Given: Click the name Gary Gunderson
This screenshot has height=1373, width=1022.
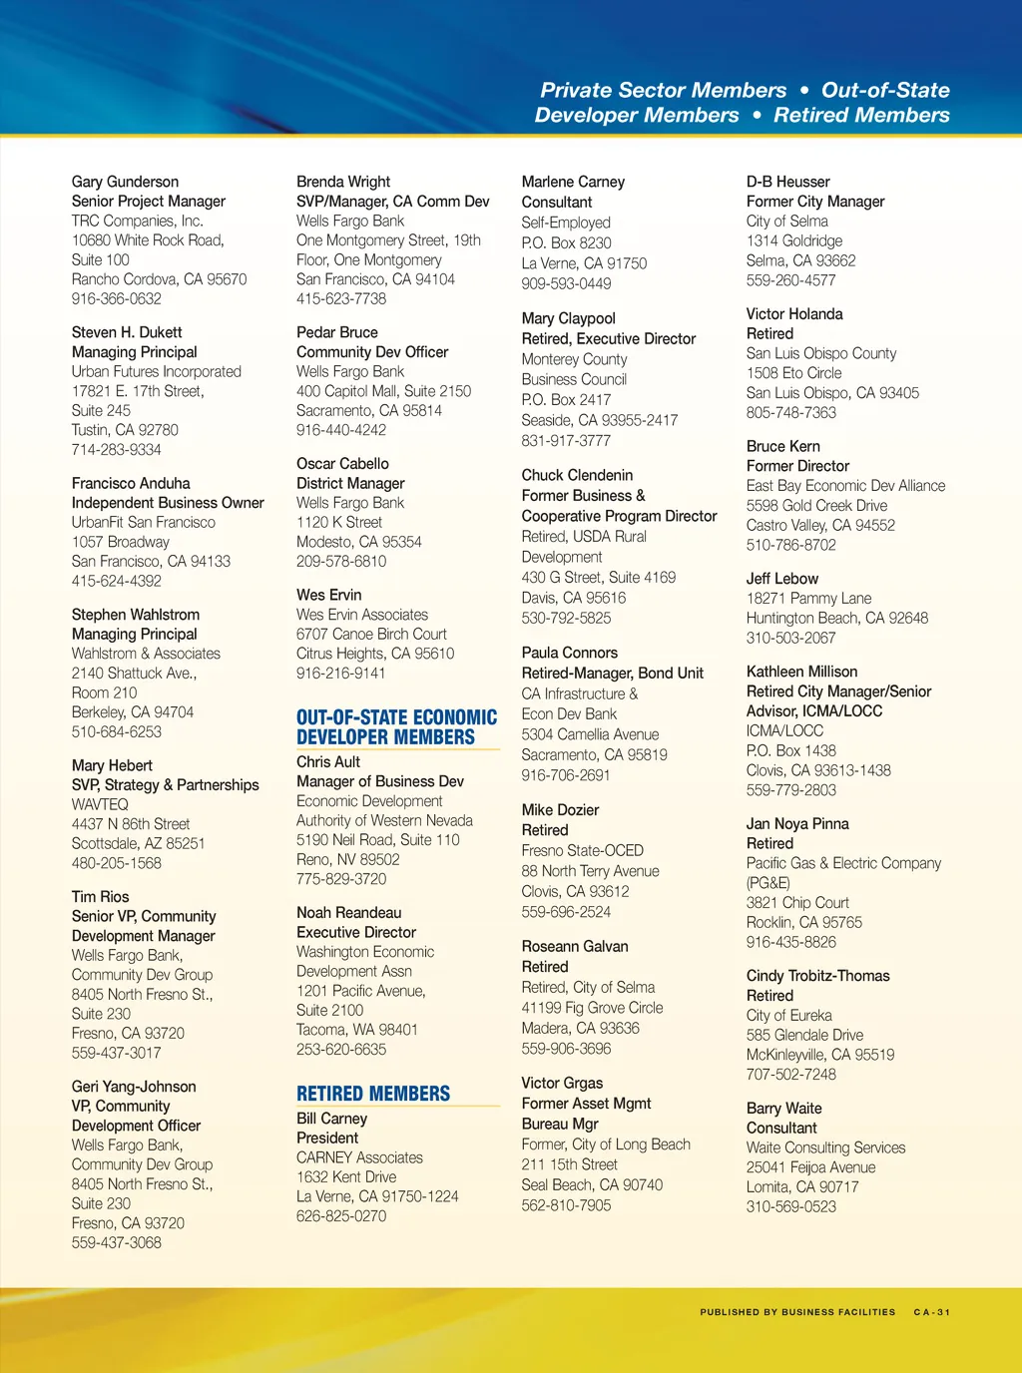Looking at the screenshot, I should tap(125, 182).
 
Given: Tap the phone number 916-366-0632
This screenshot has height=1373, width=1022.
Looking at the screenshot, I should tap(116, 298).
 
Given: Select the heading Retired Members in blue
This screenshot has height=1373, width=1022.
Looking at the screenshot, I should tap(373, 1094).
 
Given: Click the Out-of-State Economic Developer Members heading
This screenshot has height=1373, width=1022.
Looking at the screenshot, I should tap(396, 727).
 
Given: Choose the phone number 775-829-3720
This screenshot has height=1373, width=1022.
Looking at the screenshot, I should tap(341, 879).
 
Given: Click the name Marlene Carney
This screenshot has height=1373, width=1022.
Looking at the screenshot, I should tap(573, 182).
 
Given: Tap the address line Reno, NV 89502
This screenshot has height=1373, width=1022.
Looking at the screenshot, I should tap(347, 859).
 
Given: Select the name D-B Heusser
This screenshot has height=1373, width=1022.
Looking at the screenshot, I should tap(788, 182).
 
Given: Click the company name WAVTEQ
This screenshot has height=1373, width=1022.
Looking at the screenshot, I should tap(100, 804).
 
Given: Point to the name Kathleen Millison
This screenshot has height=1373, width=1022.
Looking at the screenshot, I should tap(801, 672).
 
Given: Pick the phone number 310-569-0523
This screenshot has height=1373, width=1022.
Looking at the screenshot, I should tap(791, 1206).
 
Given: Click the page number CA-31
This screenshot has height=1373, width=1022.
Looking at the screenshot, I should tap(932, 1312).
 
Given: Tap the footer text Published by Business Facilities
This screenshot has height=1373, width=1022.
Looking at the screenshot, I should tap(797, 1312).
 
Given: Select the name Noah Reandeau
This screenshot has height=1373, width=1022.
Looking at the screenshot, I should tap(348, 912).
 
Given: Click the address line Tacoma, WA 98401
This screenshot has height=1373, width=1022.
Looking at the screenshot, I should tap(356, 1030).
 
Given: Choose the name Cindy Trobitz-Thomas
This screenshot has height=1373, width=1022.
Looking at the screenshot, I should tap(817, 976).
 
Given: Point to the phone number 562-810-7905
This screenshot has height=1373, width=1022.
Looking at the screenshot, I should tap(566, 1205).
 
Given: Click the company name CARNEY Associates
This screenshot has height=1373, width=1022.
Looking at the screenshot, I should tap(359, 1157).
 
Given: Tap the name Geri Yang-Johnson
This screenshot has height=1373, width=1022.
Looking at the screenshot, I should tap(134, 1087).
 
